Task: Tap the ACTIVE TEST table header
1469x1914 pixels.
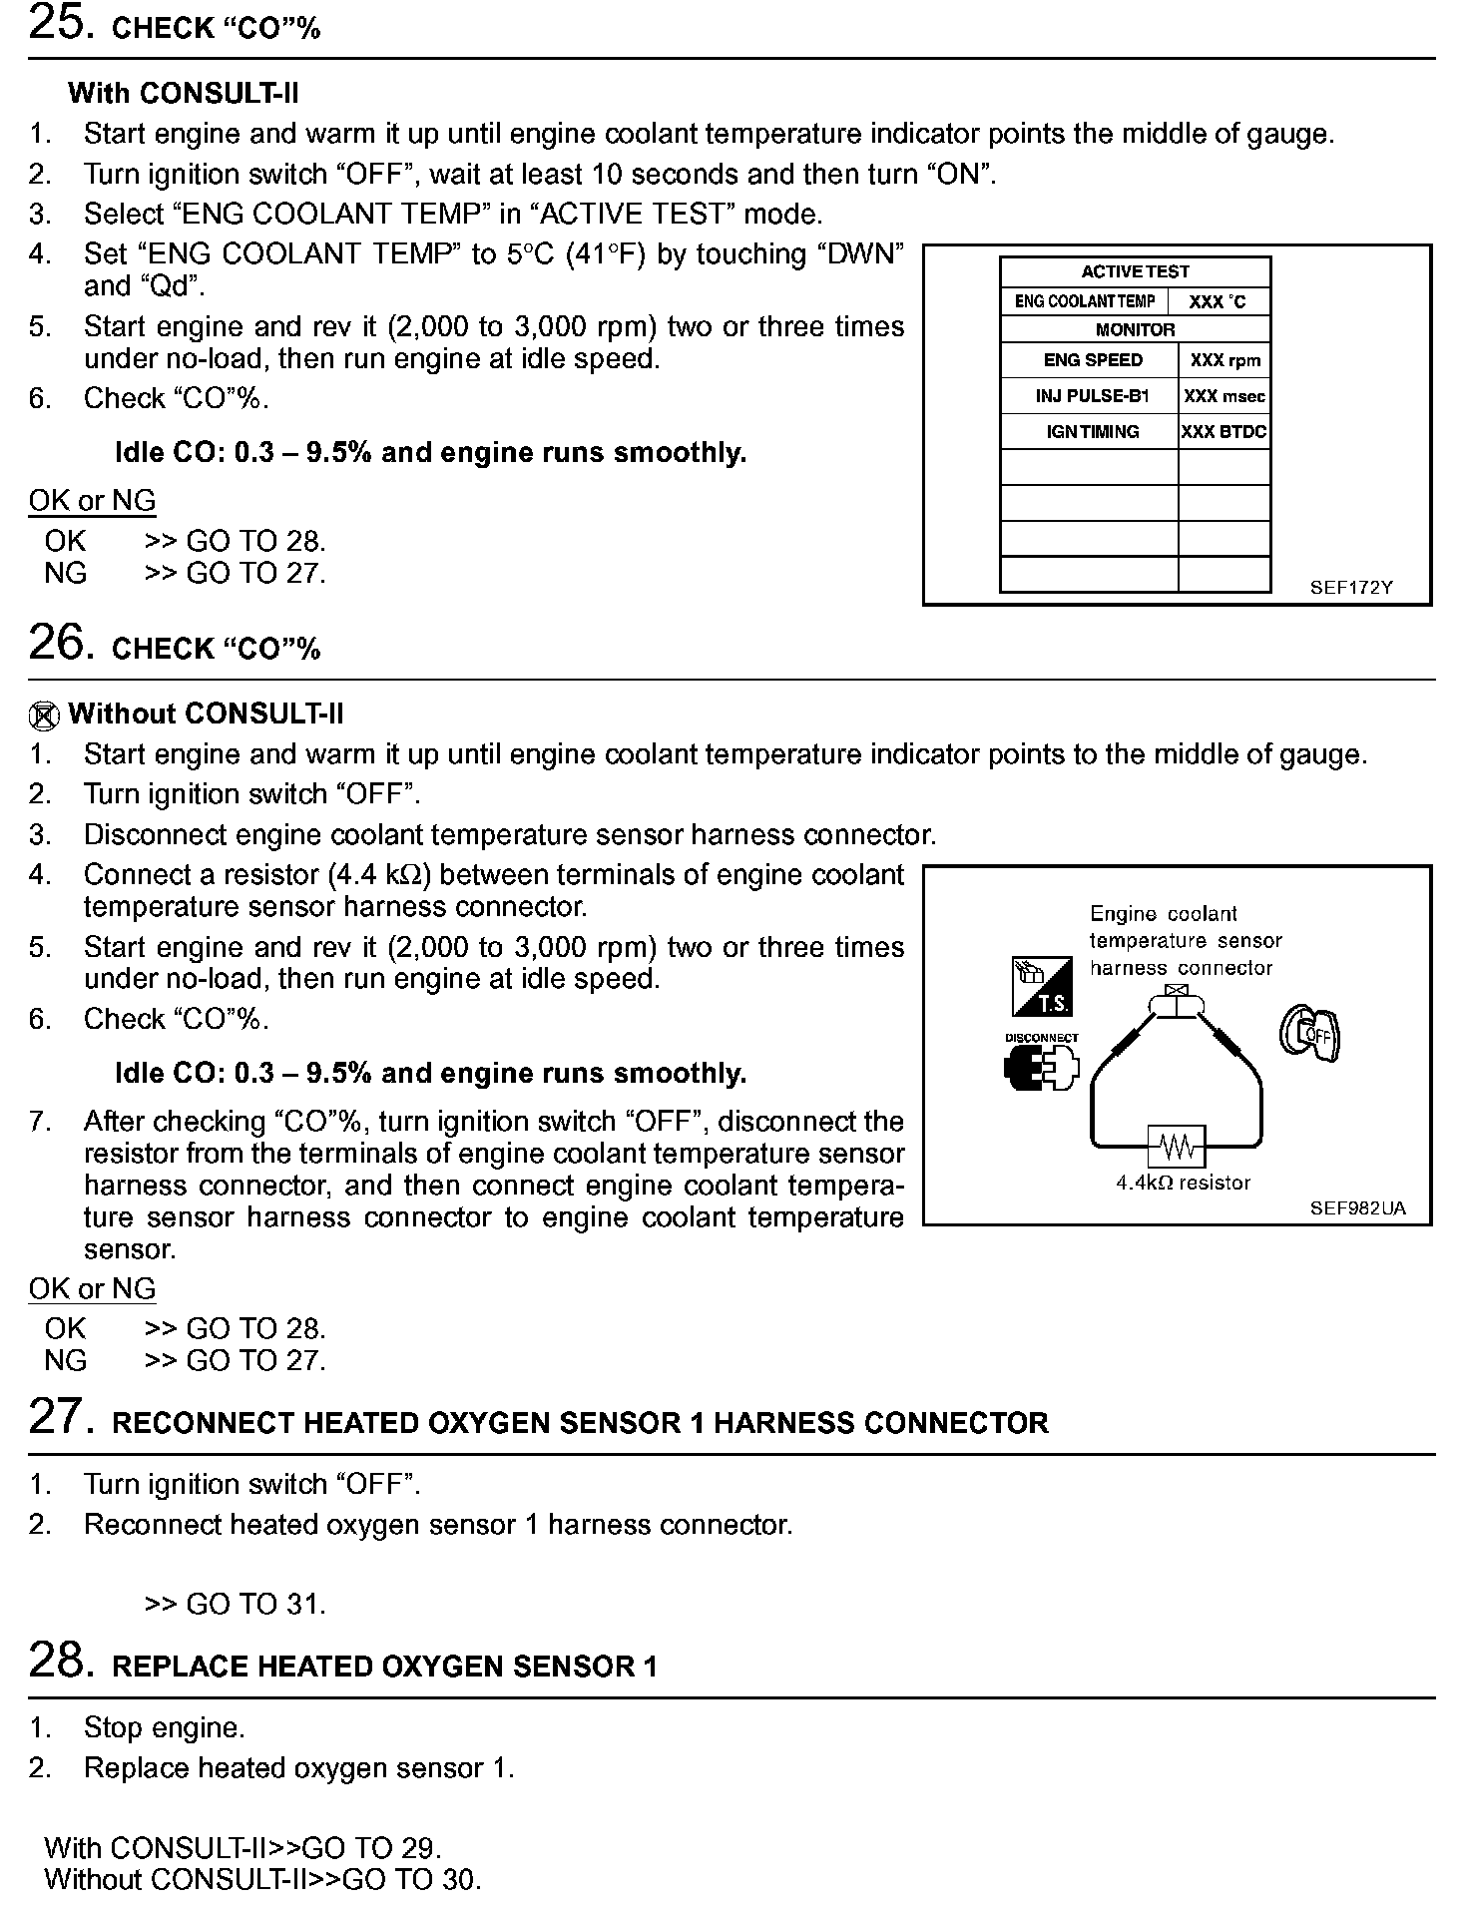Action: (1135, 271)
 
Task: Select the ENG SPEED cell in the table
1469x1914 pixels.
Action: (1092, 360)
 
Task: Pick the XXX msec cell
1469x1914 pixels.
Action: (1224, 396)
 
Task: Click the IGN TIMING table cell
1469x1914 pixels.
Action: (1092, 432)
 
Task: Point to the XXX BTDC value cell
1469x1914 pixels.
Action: (1224, 432)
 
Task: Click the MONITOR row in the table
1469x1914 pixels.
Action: (1135, 329)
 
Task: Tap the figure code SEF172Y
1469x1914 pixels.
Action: (1351, 588)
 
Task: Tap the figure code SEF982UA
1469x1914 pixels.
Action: (1357, 1208)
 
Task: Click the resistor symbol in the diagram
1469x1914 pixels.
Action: (1178, 1148)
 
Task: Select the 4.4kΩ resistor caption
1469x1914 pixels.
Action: (1183, 1184)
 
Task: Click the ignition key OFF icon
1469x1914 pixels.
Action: (1310, 1034)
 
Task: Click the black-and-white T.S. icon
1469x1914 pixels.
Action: (1042, 986)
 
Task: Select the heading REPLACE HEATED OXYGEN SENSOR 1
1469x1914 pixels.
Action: (384, 1668)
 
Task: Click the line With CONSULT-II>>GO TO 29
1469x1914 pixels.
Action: (243, 1847)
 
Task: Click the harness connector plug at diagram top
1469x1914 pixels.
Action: (1178, 1002)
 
